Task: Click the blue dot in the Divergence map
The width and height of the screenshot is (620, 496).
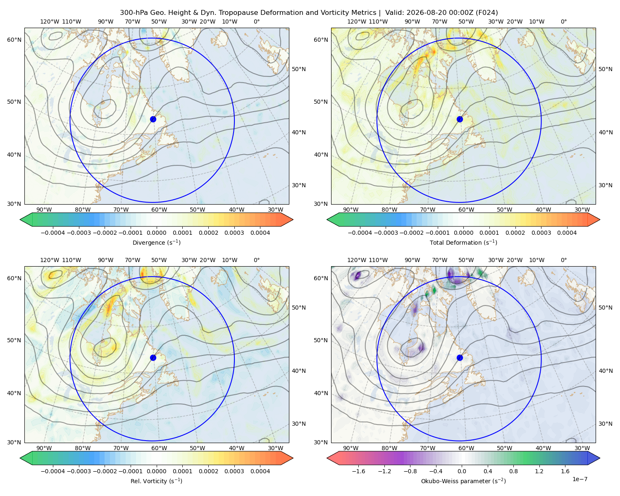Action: (153, 119)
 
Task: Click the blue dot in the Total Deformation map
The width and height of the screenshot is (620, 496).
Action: (460, 119)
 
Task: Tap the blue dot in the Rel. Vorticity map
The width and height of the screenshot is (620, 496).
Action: (153, 358)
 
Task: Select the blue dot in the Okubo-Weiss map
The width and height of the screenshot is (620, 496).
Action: (460, 358)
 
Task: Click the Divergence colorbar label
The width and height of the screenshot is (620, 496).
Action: (156, 242)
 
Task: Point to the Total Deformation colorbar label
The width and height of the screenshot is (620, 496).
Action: (463, 242)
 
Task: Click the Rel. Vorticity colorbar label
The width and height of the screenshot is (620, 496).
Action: (156, 481)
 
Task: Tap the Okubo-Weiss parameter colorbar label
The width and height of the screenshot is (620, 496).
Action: (463, 481)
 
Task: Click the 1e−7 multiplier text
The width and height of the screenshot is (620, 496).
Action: (579, 479)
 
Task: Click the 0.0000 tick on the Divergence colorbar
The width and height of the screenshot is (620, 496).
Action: (156, 233)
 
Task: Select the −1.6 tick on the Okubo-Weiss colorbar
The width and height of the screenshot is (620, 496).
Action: (358, 471)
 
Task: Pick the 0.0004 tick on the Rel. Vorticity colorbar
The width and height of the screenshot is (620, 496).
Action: (260, 471)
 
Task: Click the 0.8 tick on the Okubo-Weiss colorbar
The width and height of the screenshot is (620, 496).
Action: (513, 471)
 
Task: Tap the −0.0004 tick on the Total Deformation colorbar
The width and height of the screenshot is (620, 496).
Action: (360, 233)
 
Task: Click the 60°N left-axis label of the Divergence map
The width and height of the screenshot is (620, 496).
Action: (14, 40)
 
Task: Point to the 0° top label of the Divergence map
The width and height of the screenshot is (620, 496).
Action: (257, 21)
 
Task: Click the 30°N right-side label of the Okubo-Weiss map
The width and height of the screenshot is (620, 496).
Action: (605, 424)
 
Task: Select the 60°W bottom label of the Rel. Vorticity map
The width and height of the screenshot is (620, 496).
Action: (159, 448)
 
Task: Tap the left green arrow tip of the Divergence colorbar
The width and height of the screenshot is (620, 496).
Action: (20, 219)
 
